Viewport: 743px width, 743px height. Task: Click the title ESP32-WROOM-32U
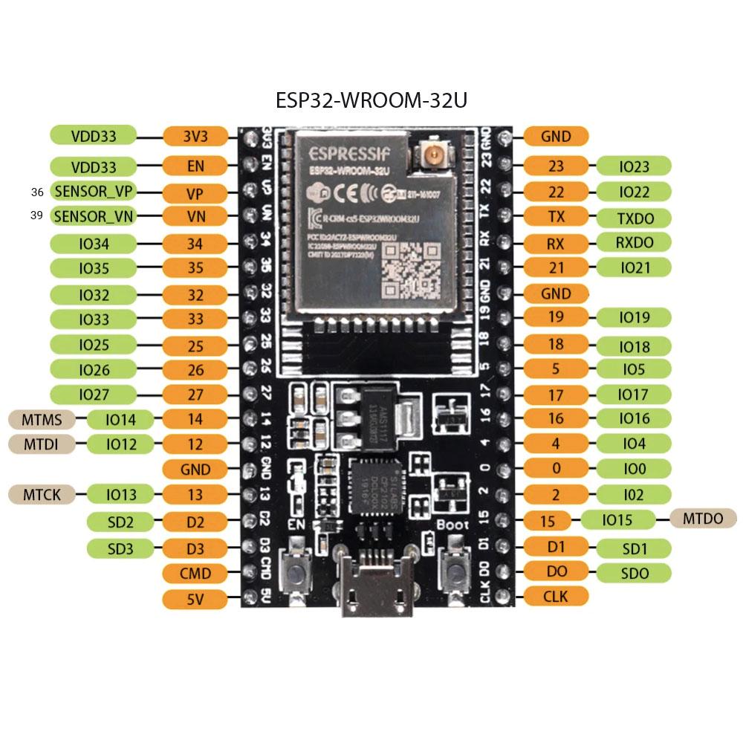(x=371, y=100)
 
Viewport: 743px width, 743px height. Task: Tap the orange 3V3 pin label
(x=195, y=136)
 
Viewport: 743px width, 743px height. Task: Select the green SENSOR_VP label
(x=94, y=192)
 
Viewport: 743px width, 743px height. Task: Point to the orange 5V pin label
(x=195, y=599)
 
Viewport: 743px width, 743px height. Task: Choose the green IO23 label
(x=634, y=166)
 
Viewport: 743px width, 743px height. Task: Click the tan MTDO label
(x=702, y=519)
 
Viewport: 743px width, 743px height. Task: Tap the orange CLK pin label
(x=556, y=595)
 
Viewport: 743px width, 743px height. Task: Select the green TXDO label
(x=634, y=217)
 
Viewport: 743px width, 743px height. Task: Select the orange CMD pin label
(x=195, y=573)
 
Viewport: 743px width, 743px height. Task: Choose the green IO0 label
(x=634, y=468)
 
